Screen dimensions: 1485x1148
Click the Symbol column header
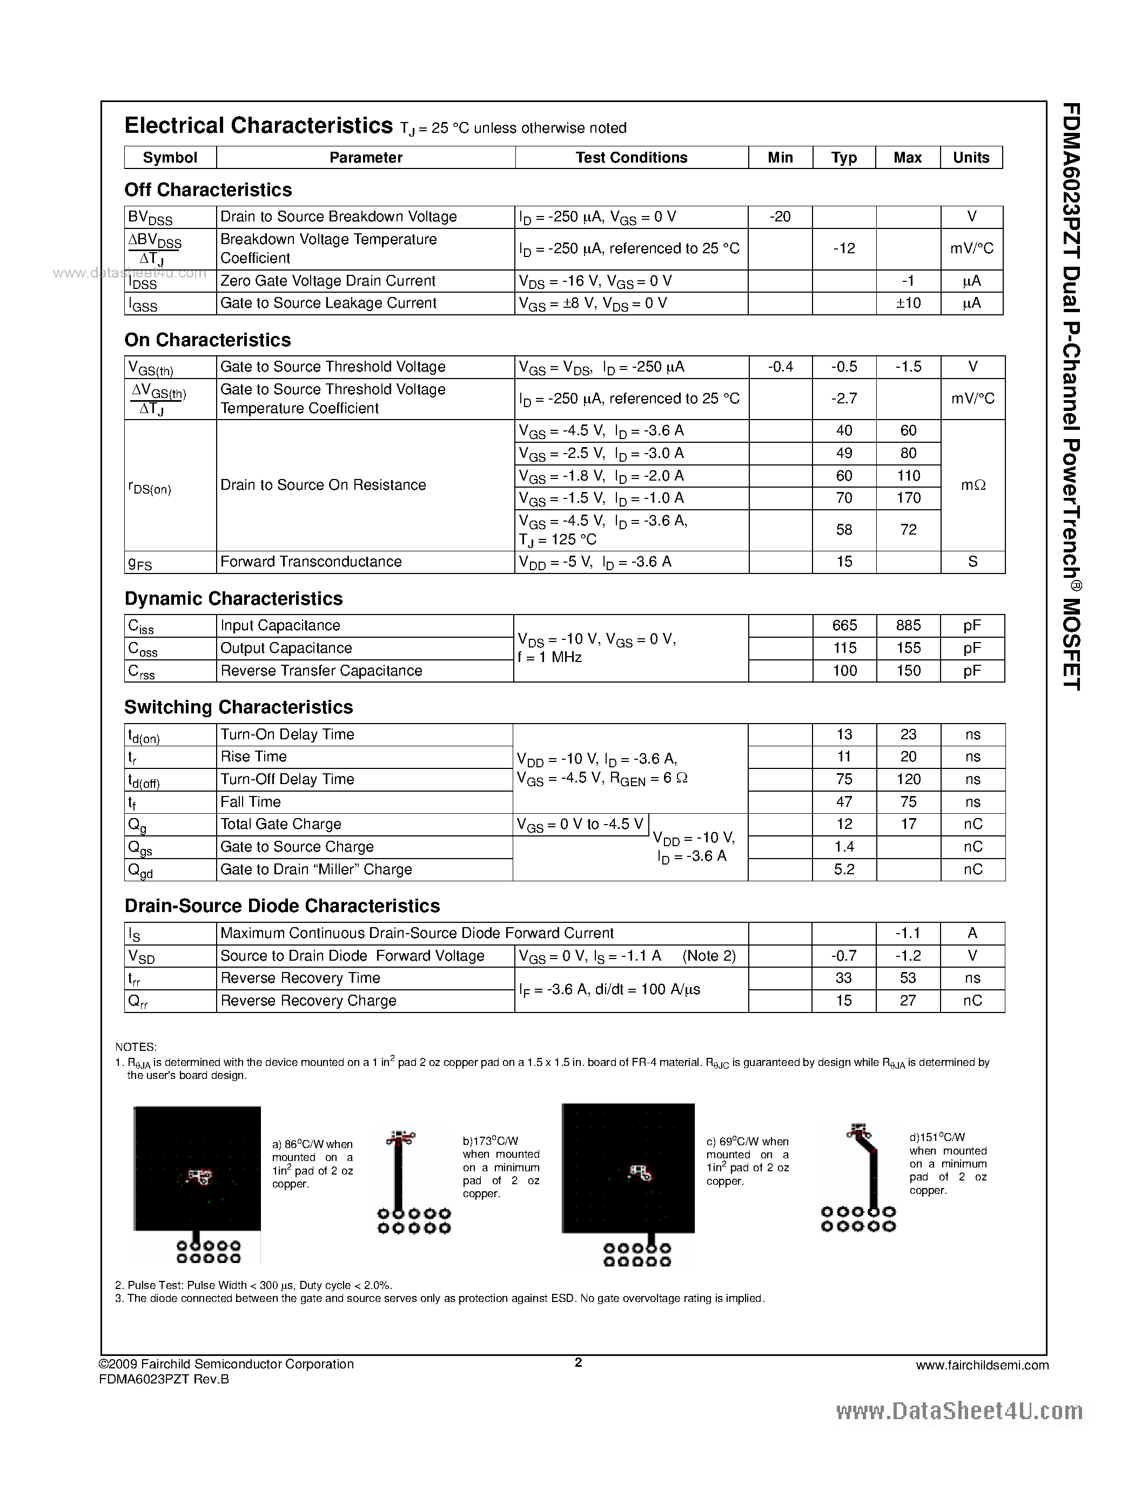tap(170, 158)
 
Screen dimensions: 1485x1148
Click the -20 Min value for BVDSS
tap(780, 217)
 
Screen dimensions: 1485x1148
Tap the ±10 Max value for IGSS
tap(908, 303)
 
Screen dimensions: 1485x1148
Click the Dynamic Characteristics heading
tap(233, 598)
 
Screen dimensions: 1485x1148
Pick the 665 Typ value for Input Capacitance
tap(844, 625)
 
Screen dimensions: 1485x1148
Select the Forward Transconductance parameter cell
tap(311, 562)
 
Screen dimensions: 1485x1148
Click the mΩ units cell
tap(972, 485)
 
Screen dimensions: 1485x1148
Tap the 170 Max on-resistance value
tap(908, 498)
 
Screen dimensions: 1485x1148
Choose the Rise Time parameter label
tap(254, 757)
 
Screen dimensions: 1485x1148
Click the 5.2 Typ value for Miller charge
tap(844, 869)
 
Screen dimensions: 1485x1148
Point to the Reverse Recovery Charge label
tap(308, 1001)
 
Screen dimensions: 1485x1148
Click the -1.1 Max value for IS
tap(908, 934)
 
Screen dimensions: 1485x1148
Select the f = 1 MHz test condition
tap(549, 658)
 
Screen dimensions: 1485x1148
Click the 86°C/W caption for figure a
tap(312, 1144)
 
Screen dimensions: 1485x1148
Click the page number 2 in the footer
tap(578, 1362)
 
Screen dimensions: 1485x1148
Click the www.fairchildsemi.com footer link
tap(982, 1365)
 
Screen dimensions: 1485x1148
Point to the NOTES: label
tap(136, 1047)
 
